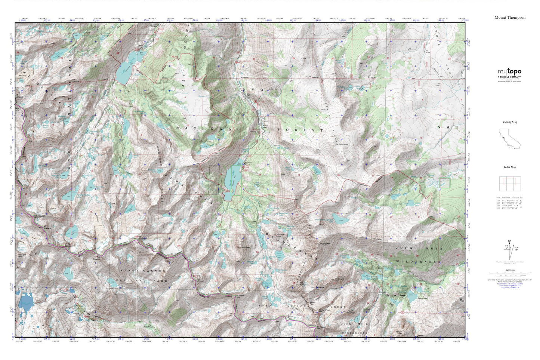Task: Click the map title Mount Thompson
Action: tap(510, 18)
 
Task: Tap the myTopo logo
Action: tap(509, 72)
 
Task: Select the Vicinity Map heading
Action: tap(510, 122)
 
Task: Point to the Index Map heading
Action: tap(510, 167)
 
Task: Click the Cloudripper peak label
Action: tap(324, 243)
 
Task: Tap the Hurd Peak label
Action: tap(246, 247)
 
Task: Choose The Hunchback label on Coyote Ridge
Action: tap(341, 144)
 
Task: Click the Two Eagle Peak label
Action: tap(339, 279)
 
